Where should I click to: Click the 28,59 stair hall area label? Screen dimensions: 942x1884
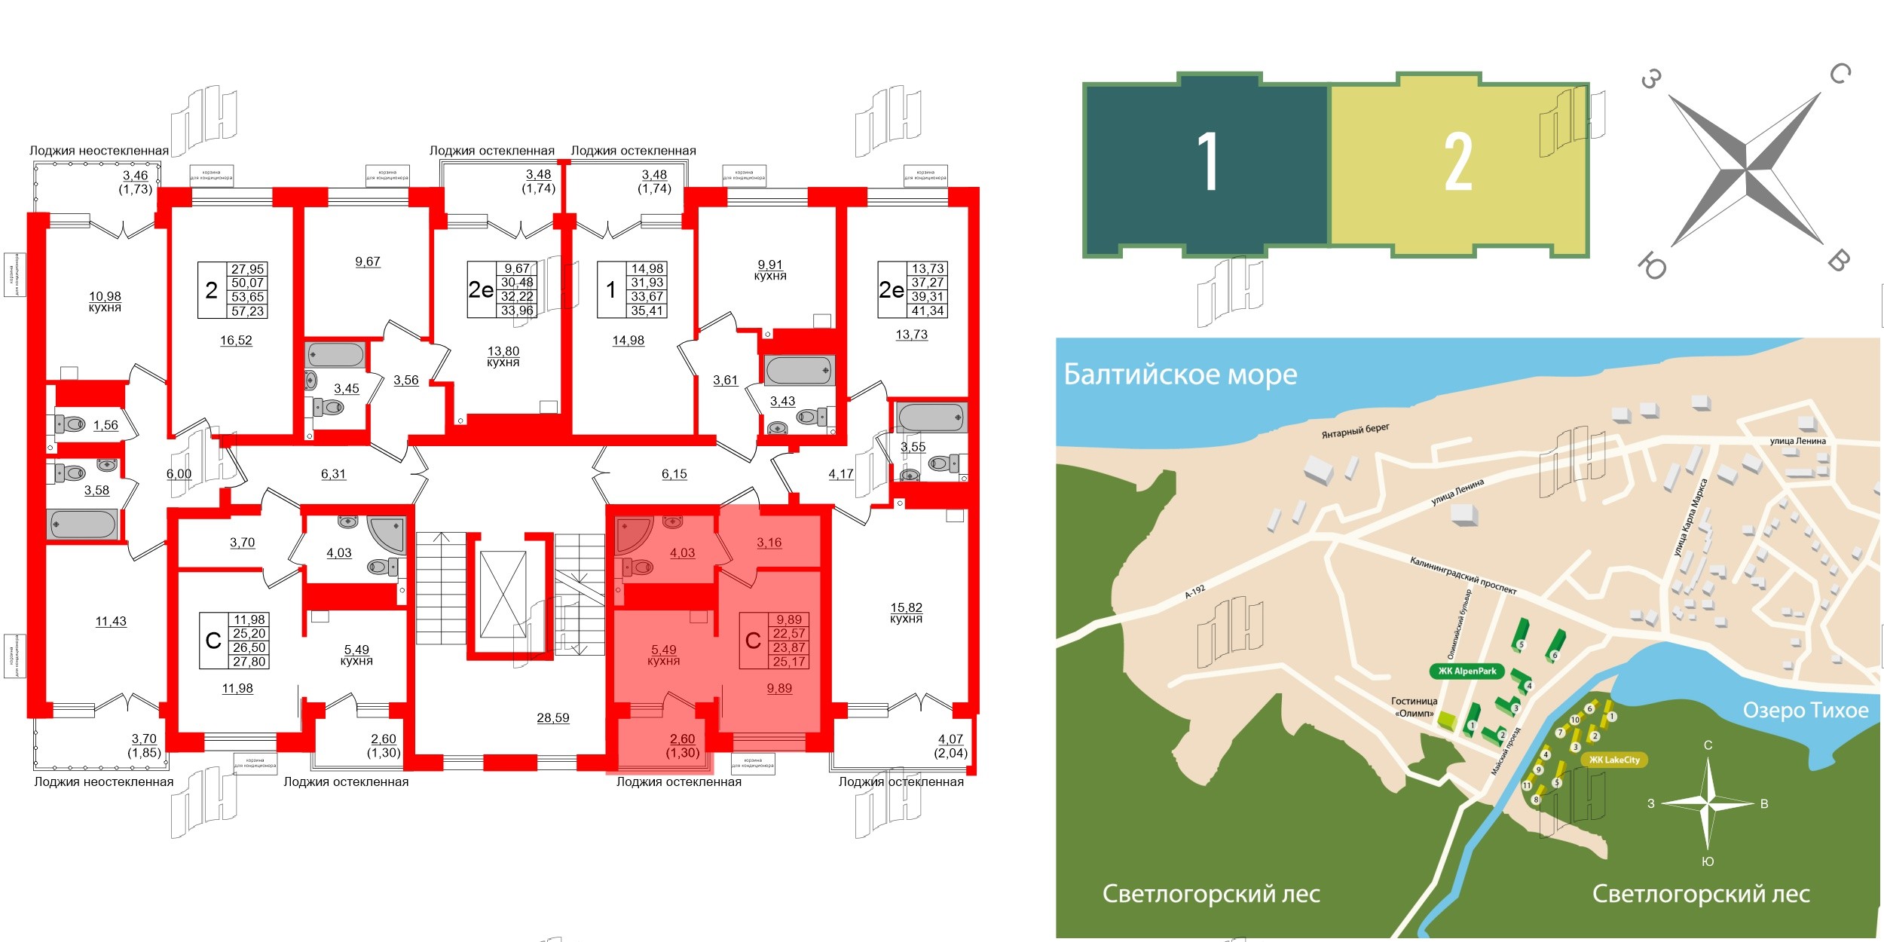click(552, 718)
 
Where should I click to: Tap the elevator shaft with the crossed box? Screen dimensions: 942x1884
click(503, 595)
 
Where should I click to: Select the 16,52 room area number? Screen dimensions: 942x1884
click(236, 341)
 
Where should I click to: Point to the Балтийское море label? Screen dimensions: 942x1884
click(1180, 375)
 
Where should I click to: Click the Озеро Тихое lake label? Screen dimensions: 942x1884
click(1806, 710)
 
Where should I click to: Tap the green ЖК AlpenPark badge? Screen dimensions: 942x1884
click(1467, 671)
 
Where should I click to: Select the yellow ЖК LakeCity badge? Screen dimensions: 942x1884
click(1613, 760)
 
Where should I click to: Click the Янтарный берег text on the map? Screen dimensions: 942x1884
click(1355, 431)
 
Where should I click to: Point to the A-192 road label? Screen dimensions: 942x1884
click(1195, 592)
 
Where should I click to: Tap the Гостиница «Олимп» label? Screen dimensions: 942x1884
click(1414, 707)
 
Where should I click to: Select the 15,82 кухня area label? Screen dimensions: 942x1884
click(906, 613)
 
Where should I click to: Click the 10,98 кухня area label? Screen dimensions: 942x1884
click(105, 301)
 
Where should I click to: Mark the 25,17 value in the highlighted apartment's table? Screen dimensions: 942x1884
click(789, 662)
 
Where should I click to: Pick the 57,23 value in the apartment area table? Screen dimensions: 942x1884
click(247, 311)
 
